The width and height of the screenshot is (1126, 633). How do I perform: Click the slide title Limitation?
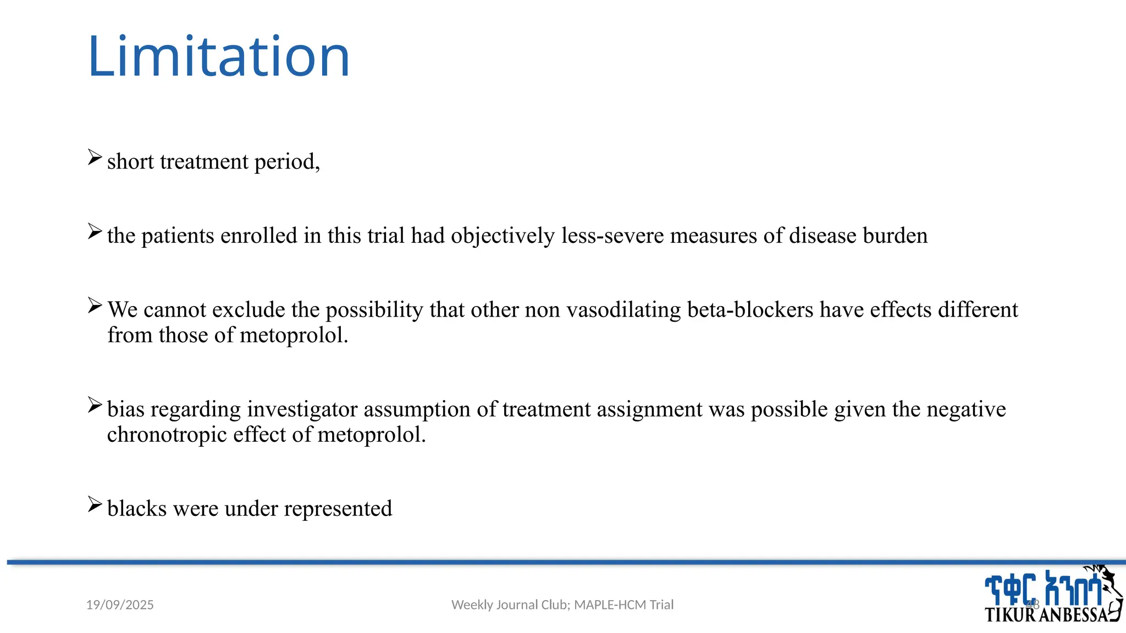pos(218,57)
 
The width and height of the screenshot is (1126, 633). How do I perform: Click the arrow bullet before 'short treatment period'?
pos(95,158)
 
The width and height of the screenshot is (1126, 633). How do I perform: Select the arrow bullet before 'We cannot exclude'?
pos(95,306)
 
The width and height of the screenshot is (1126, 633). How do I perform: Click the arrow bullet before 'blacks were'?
pos(95,504)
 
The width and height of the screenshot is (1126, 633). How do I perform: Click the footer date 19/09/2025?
pos(120,605)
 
